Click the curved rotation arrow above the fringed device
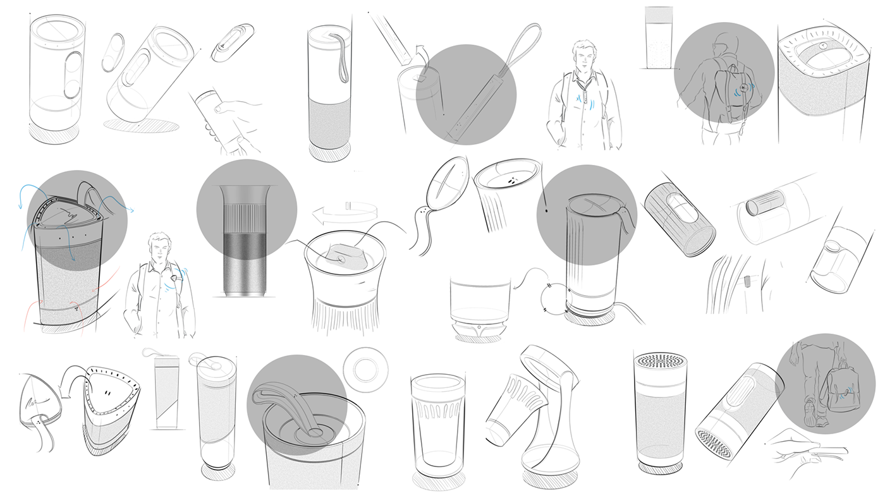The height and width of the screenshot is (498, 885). (346, 214)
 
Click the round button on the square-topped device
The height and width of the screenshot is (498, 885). (824, 45)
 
